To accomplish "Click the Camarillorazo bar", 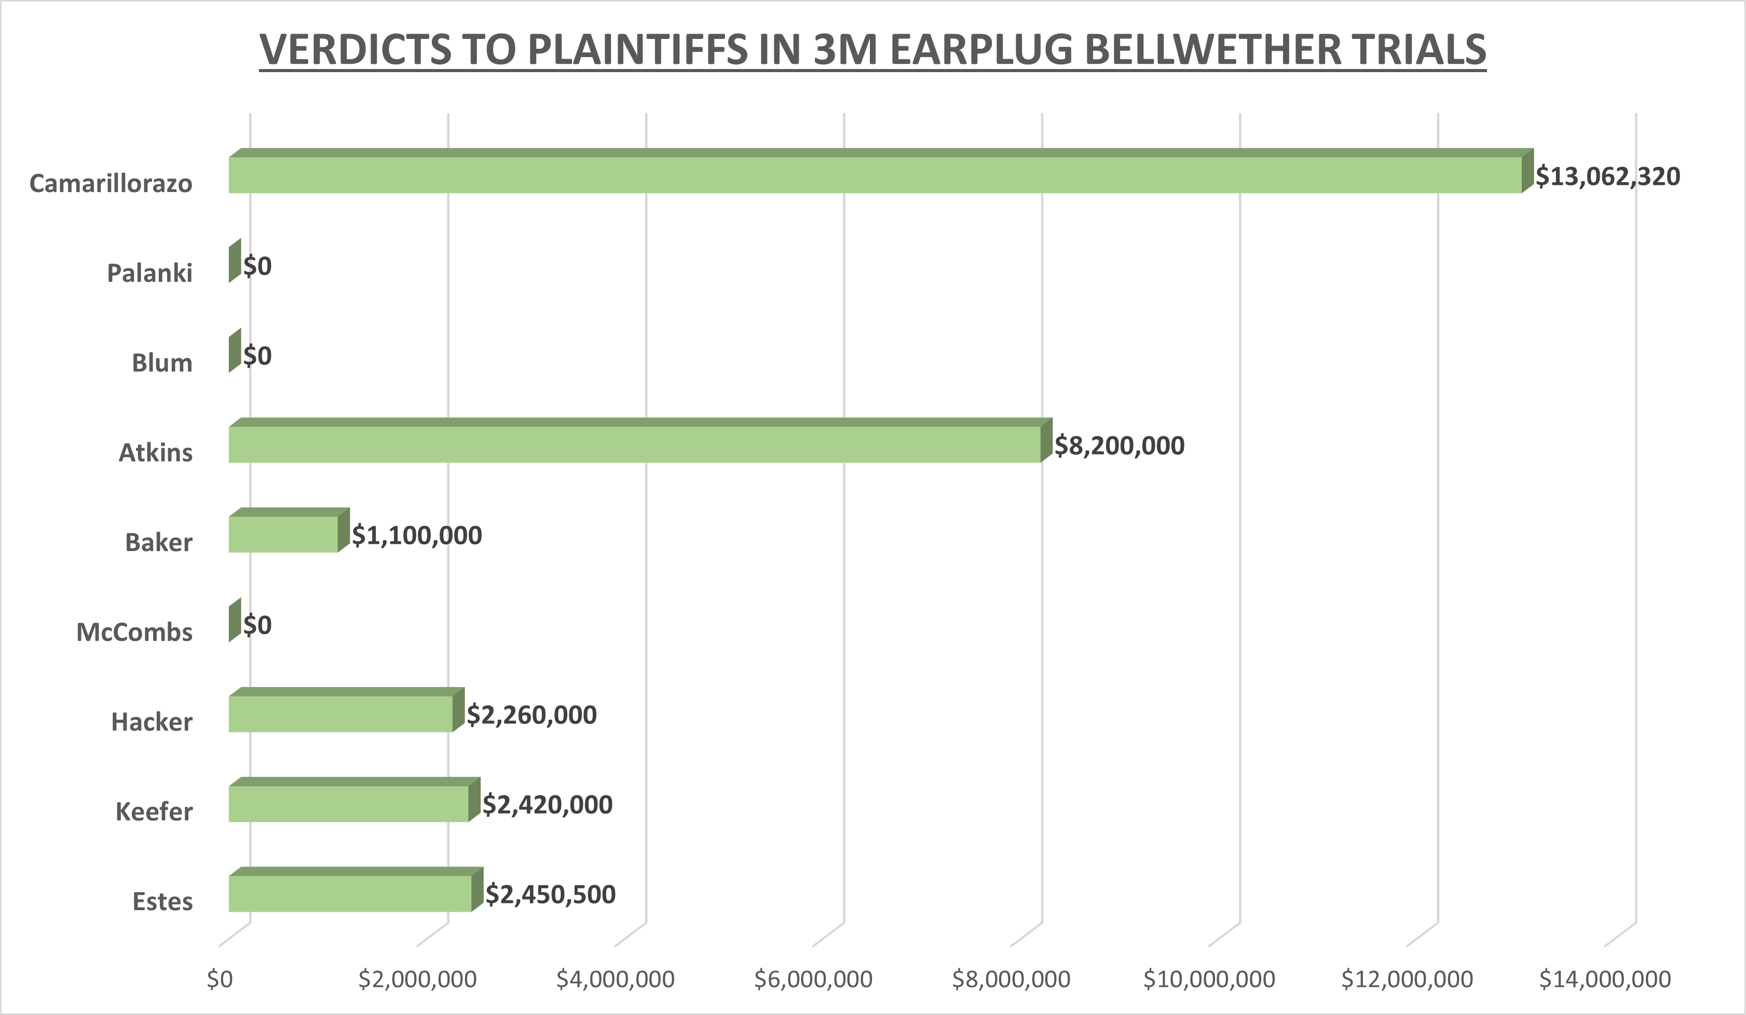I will tap(875, 174).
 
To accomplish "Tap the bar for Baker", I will tap(283, 534).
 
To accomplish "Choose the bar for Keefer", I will tap(348, 804).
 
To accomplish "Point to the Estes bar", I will tap(350, 893).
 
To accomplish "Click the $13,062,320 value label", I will tap(1607, 176).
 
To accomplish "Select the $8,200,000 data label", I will tap(1119, 446).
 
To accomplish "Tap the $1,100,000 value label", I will tap(416, 536).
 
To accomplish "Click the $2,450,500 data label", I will tap(550, 895).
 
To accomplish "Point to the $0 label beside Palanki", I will tap(257, 266).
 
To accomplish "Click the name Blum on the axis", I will tap(162, 362).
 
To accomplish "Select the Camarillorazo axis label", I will tap(111, 184).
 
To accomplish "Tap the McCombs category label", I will tap(134, 632).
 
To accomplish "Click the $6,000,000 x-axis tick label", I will tap(813, 979).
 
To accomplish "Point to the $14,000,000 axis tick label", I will tap(1605, 979).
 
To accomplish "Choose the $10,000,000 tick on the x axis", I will tap(1208, 979).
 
